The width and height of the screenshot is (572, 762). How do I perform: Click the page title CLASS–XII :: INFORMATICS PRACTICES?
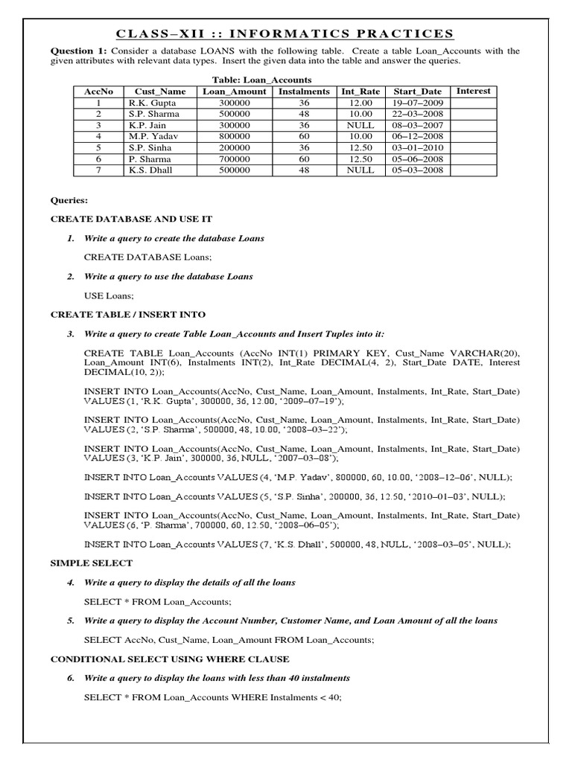click(x=286, y=33)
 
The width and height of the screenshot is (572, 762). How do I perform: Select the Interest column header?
click(x=473, y=91)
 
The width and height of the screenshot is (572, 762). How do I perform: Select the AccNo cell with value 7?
click(x=98, y=170)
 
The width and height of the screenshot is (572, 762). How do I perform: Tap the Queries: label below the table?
click(x=69, y=200)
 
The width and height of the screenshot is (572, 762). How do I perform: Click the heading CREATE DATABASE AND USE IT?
click(x=131, y=220)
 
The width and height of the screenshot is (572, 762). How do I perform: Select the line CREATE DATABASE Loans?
click(x=147, y=257)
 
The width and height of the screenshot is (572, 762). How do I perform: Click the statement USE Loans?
click(x=109, y=295)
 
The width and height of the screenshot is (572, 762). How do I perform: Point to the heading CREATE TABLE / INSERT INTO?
click(x=127, y=315)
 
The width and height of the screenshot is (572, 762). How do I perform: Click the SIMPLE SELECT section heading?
click(x=91, y=563)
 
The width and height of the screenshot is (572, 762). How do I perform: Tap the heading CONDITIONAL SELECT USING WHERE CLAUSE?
click(x=170, y=659)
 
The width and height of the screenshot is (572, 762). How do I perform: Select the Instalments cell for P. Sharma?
click(x=303, y=159)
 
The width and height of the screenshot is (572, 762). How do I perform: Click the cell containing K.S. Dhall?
click(x=150, y=170)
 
